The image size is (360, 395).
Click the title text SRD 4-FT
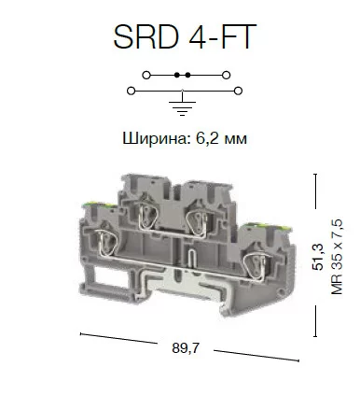[185, 36]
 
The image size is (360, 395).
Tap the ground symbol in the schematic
[182, 108]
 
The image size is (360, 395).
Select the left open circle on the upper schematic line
[146, 75]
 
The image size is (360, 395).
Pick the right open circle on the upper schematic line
[227, 75]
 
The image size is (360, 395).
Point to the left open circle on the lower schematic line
[132, 91]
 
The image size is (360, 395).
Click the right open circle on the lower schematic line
[238, 91]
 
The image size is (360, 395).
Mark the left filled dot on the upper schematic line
[177, 75]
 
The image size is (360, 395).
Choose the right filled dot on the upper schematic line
[187, 75]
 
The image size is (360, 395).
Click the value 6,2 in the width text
[208, 138]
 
